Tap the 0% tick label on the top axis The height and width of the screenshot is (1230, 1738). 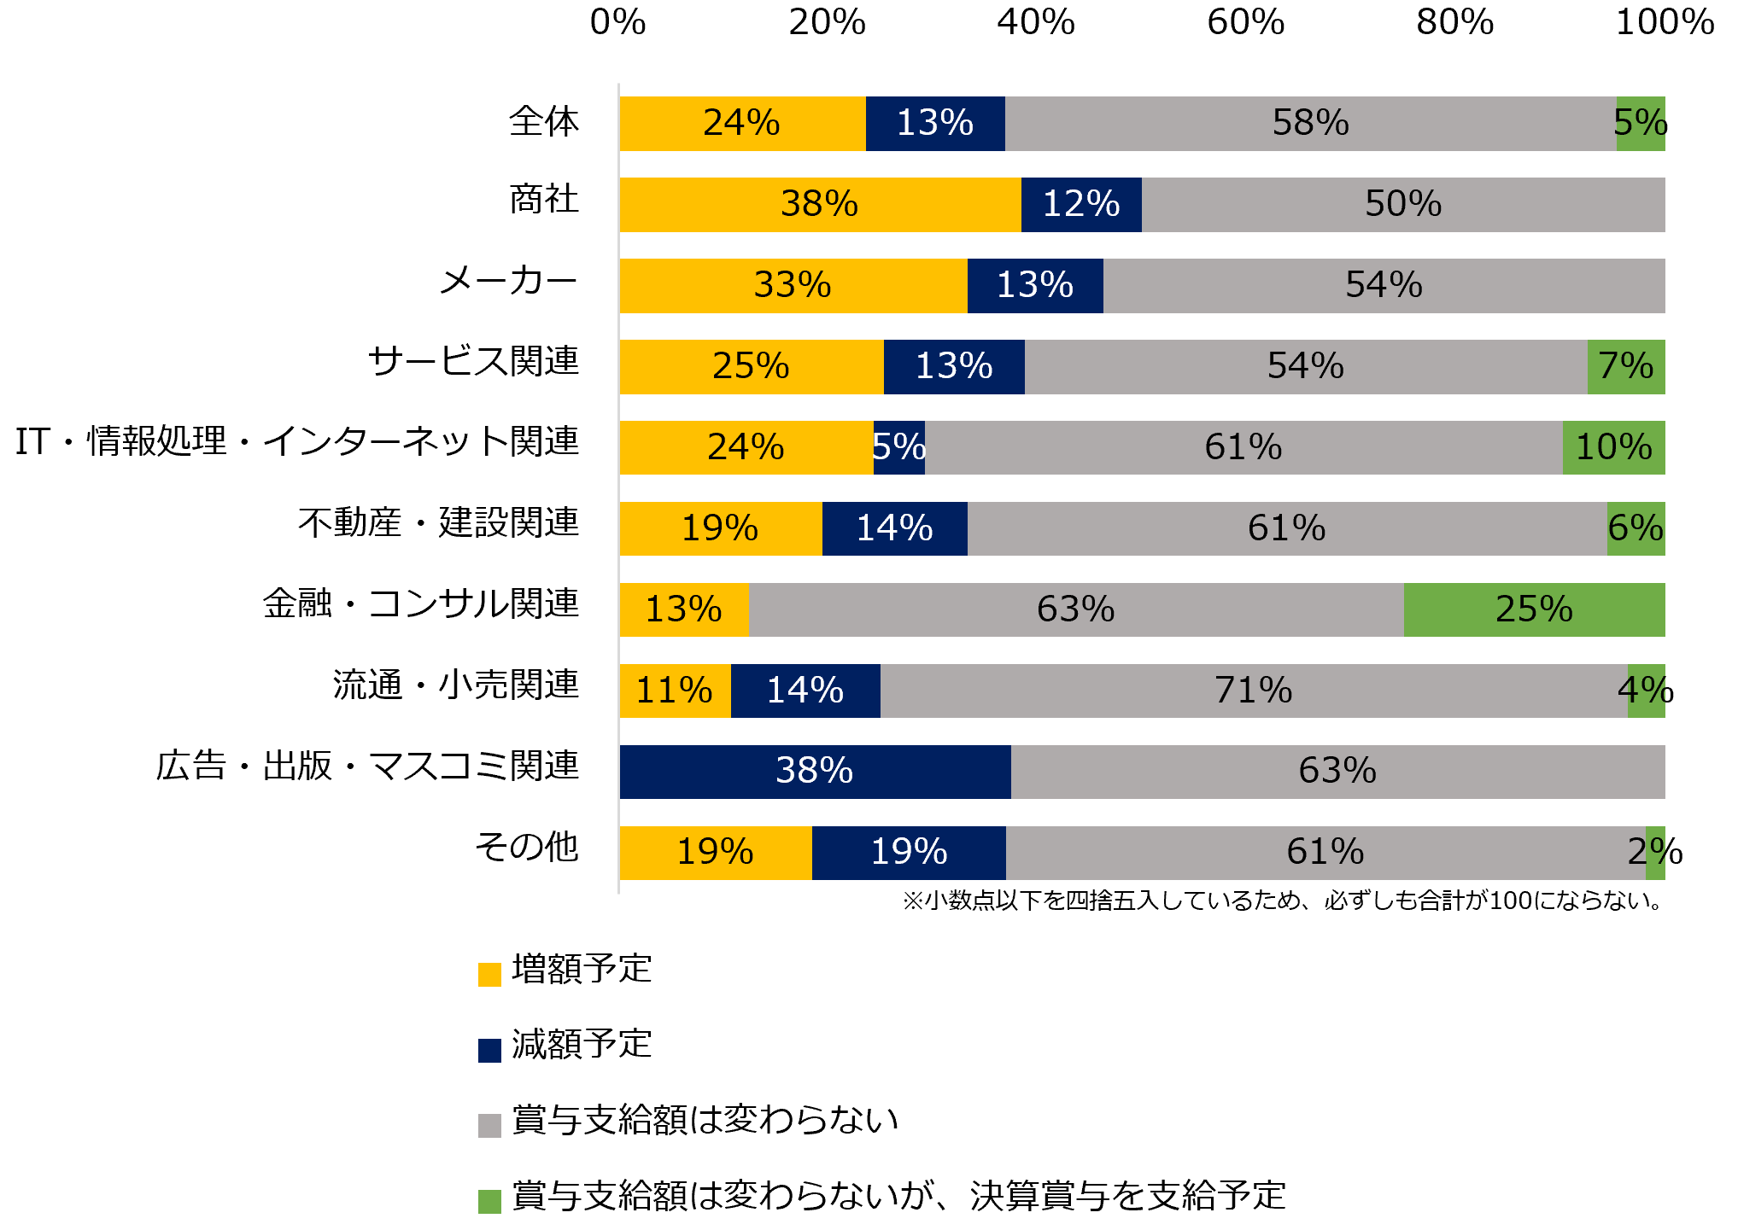(x=617, y=23)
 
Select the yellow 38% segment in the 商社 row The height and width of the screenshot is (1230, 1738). (x=820, y=205)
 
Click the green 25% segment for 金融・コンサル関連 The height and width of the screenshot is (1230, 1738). (x=1534, y=609)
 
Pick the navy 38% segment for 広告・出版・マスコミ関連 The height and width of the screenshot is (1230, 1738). (x=815, y=772)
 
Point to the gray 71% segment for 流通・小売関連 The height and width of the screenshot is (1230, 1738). (x=1253, y=691)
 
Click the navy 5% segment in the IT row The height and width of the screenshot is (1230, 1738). (x=899, y=447)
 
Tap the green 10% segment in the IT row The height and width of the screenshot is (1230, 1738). (x=1613, y=447)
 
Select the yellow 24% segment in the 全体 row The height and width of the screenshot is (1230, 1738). (x=742, y=124)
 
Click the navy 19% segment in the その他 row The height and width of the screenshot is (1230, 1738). (x=909, y=853)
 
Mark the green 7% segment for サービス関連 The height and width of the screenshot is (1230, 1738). (x=1625, y=367)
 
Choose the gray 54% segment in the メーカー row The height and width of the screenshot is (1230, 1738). (x=1384, y=286)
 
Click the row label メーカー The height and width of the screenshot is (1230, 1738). (x=508, y=281)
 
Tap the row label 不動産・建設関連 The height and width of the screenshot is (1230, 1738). (x=438, y=522)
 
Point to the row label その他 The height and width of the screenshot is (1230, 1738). (x=526, y=848)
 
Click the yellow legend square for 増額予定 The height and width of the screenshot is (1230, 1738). (x=489, y=974)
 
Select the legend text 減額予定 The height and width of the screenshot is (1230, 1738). (x=582, y=1045)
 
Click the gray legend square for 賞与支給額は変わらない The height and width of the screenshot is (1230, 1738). (x=489, y=1125)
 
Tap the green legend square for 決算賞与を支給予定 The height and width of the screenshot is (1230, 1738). (x=489, y=1201)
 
